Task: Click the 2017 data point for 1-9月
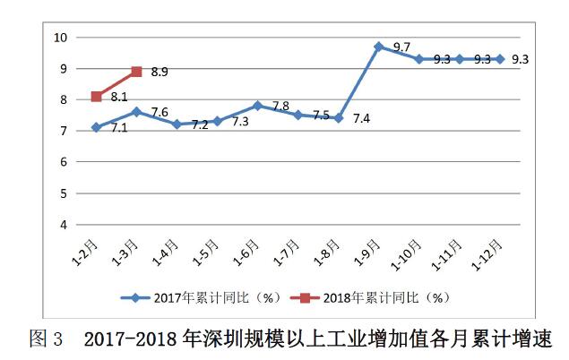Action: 378,46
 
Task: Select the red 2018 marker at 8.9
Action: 136,71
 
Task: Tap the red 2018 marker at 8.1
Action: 96,96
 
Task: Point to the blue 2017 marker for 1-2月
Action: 96,127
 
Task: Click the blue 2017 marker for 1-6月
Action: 257,106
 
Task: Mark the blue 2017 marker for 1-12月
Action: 499,58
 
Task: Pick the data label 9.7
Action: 401,47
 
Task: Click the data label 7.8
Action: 280,107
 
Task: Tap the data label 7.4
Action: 362,117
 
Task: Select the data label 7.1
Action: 118,129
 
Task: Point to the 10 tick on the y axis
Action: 61,37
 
